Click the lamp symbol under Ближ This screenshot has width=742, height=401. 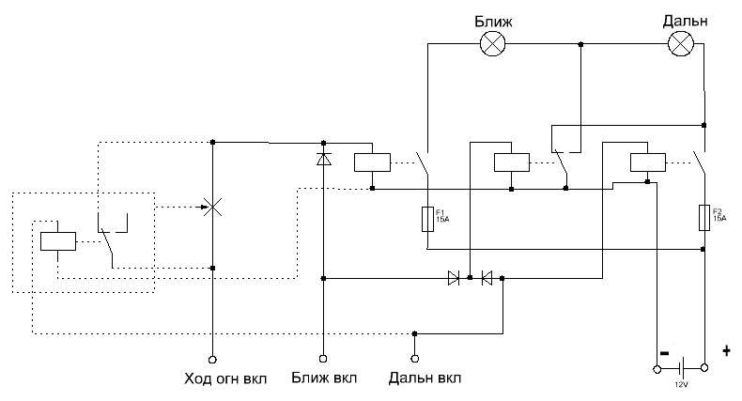[x=493, y=44]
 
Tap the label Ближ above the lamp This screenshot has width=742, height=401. [x=492, y=20]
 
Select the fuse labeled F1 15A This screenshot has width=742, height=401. [x=427, y=220]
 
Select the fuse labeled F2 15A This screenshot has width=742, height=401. [x=703, y=218]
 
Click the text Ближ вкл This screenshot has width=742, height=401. [x=324, y=379]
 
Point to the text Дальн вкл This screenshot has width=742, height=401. [x=425, y=379]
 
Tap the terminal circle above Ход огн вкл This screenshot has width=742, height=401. [x=212, y=359]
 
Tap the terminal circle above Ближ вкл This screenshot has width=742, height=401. [x=323, y=359]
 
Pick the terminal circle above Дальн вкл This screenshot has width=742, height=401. [x=414, y=359]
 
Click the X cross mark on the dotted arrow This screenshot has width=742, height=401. [x=213, y=207]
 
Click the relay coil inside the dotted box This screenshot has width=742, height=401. [x=57, y=239]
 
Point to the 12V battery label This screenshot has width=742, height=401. [x=681, y=385]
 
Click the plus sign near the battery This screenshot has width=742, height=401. [x=725, y=351]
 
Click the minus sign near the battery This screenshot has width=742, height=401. [x=663, y=353]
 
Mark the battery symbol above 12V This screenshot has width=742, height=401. [x=682, y=369]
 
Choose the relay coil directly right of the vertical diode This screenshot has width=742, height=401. [x=372, y=162]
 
